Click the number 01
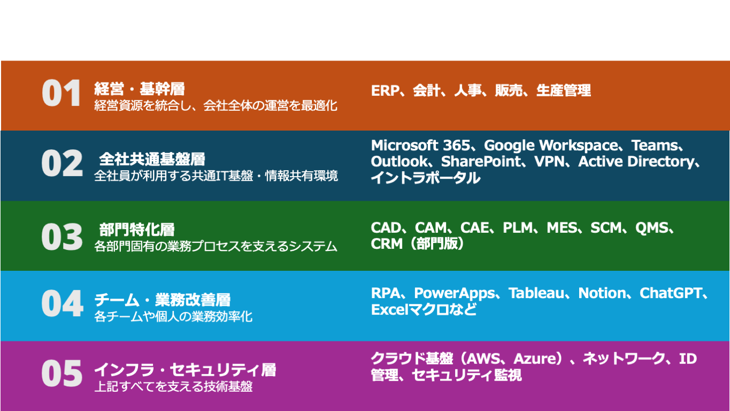[62, 93]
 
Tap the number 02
[62, 163]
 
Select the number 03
[62, 237]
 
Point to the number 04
[62, 303]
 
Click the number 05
[62, 374]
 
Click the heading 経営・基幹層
[140, 89]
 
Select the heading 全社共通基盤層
[152, 159]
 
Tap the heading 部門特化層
[137, 230]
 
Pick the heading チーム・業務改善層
[162, 300]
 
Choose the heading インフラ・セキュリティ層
[185, 370]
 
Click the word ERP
[385, 90]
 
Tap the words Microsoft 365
[420, 146]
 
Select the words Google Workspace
[551, 146]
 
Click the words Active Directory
[636, 162]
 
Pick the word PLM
[518, 227]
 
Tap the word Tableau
[536, 293]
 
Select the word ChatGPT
[671, 293]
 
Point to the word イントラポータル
[426, 178]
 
